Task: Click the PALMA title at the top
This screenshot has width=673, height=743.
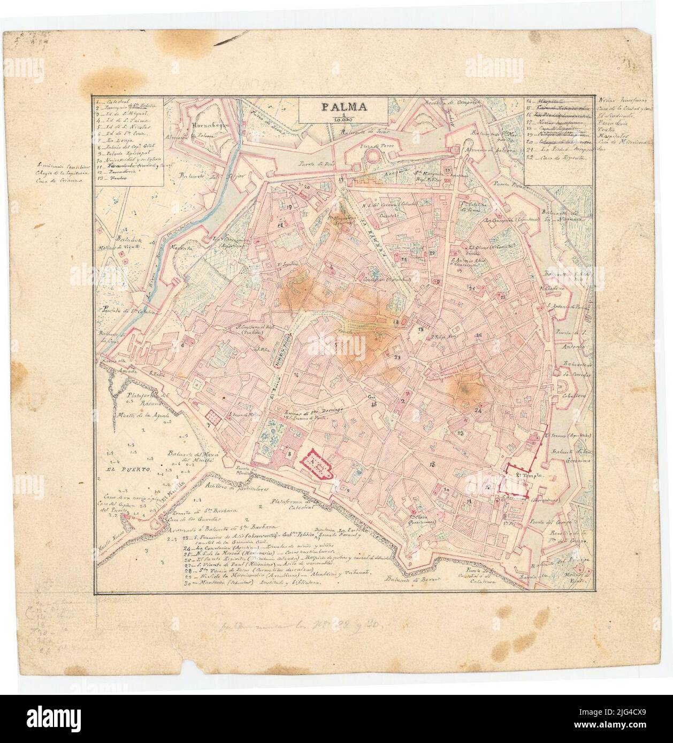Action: [344, 106]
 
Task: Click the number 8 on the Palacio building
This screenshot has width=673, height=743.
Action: [289, 453]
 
